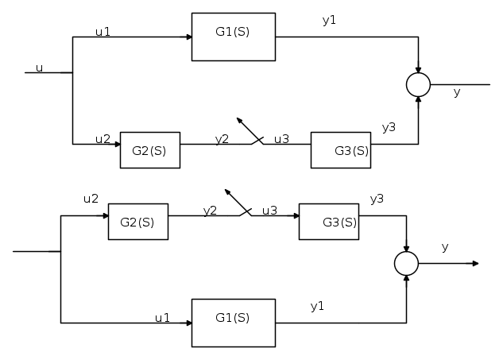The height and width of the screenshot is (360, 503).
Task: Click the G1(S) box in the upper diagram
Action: click(x=233, y=37)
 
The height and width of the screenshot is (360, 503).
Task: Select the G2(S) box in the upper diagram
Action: click(x=149, y=150)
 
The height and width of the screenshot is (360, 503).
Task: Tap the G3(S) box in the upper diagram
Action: click(x=340, y=150)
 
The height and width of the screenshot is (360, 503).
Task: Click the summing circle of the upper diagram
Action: click(x=418, y=83)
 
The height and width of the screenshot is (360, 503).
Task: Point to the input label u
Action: click(x=39, y=68)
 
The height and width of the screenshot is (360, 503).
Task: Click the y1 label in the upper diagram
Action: click(x=329, y=20)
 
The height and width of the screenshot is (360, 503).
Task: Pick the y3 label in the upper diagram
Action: click(x=389, y=127)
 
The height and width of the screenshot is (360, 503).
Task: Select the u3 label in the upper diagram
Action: click(x=281, y=139)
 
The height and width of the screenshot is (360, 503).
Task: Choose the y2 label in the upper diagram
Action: click(x=222, y=139)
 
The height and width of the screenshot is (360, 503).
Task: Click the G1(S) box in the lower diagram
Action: click(x=233, y=322)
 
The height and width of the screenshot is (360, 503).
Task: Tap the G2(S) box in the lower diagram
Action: click(x=137, y=222)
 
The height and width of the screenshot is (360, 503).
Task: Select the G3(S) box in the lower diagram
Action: click(x=328, y=222)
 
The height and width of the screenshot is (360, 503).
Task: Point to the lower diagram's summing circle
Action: click(x=406, y=264)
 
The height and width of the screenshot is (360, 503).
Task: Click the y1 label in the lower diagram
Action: click(x=317, y=306)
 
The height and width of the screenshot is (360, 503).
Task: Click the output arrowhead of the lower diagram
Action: click(x=474, y=264)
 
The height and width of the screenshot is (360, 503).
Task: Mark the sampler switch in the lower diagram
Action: click(x=238, y=203)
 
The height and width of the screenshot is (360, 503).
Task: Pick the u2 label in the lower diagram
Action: click(x=91, y=198)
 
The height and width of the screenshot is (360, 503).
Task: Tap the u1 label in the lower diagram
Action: click(x=162, y=317)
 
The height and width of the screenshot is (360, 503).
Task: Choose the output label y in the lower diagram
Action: click(x=445, y=247)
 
